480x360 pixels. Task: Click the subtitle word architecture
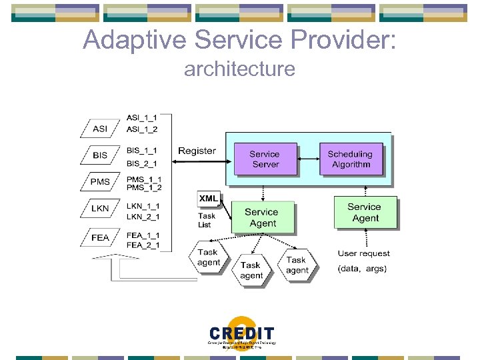(x=239, y=69)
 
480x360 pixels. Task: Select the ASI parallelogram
(x=100, y=129)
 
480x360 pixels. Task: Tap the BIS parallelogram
(x=100, y=155)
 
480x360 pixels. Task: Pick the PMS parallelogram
(x=100, y=181)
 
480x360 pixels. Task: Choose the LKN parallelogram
(x=100, y=209)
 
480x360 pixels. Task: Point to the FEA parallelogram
(x=100, y=237)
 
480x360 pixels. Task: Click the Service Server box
(x=265, y=159)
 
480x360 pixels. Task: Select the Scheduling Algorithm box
(x=350, y=159)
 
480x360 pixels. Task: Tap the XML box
(x=208, y=199)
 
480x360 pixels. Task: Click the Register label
(x=197, y=151)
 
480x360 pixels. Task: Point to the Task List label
(x=207, y=220)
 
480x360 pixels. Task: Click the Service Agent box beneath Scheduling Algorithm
(x=365, y=212)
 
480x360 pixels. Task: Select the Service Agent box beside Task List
(x=262, y=217)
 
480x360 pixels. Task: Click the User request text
(x=364, y=253)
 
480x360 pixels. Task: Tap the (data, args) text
(x=362, y=269)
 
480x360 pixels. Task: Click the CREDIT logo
(x=241, y=333)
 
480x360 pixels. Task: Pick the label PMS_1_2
(x=144, y=187)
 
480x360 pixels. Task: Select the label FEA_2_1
(x=143, y=245)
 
